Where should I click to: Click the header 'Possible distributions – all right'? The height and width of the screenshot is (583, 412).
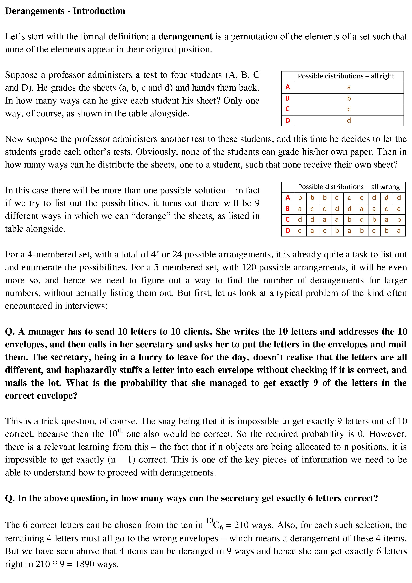pos(346,76)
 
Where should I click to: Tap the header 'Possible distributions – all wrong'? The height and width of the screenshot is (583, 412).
pos(349,187)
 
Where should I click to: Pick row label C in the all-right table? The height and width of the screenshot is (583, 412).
pos(288,109)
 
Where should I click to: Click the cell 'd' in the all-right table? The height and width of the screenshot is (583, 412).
pos(349,120)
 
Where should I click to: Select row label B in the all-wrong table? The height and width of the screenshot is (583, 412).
pos(288,209)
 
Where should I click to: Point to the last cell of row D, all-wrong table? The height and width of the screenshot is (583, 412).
pos(399,231)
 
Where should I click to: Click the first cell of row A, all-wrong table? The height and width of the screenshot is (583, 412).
pos(300,198)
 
